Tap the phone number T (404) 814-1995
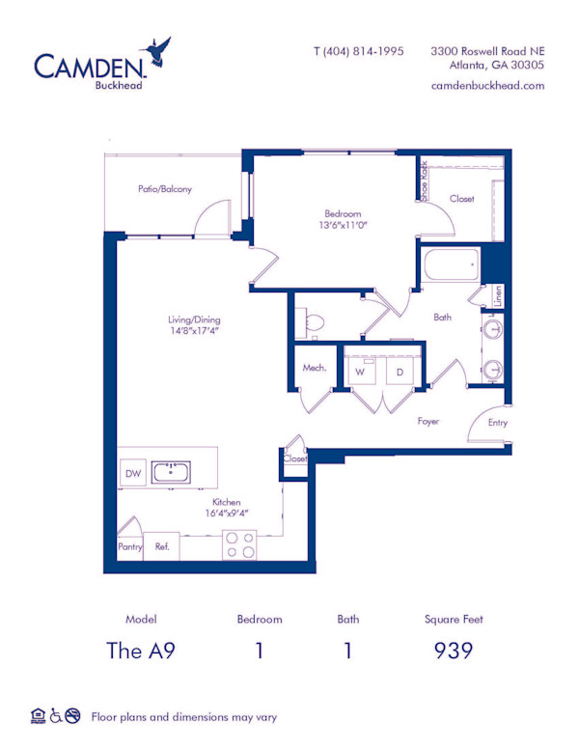358,51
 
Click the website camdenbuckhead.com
487,86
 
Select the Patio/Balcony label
164,189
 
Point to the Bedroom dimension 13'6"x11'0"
343,226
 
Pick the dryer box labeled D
399,371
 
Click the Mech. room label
314,368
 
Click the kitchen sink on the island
171,472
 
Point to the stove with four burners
240,545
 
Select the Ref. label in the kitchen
162,546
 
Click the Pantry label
130,547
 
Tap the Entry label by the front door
497,423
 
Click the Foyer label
428,422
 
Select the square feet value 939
453,650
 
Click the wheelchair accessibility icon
56,716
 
